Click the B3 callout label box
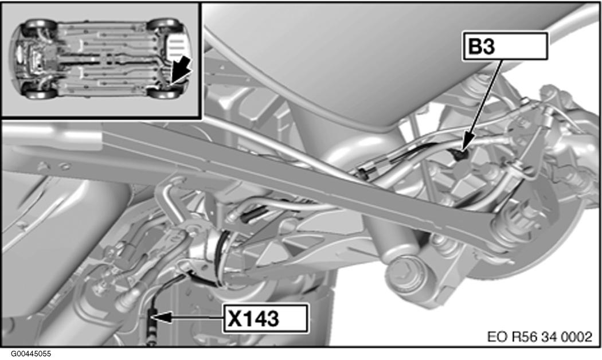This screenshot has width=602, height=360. click(x=505, y=46)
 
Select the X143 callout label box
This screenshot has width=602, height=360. click(x=265, y=318)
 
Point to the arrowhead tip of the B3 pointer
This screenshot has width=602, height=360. click(x=463, y=150)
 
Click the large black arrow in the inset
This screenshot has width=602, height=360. click(x=179, y=71)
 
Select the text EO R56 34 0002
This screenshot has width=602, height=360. click(x=540, y=337)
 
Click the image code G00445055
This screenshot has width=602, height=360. click(x=31, y=354)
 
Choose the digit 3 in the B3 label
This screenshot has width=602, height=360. click(x=487, y=46)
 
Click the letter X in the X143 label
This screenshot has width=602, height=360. click(x=234, y=318)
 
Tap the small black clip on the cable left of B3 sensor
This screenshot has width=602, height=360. click(x=363, y=171)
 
